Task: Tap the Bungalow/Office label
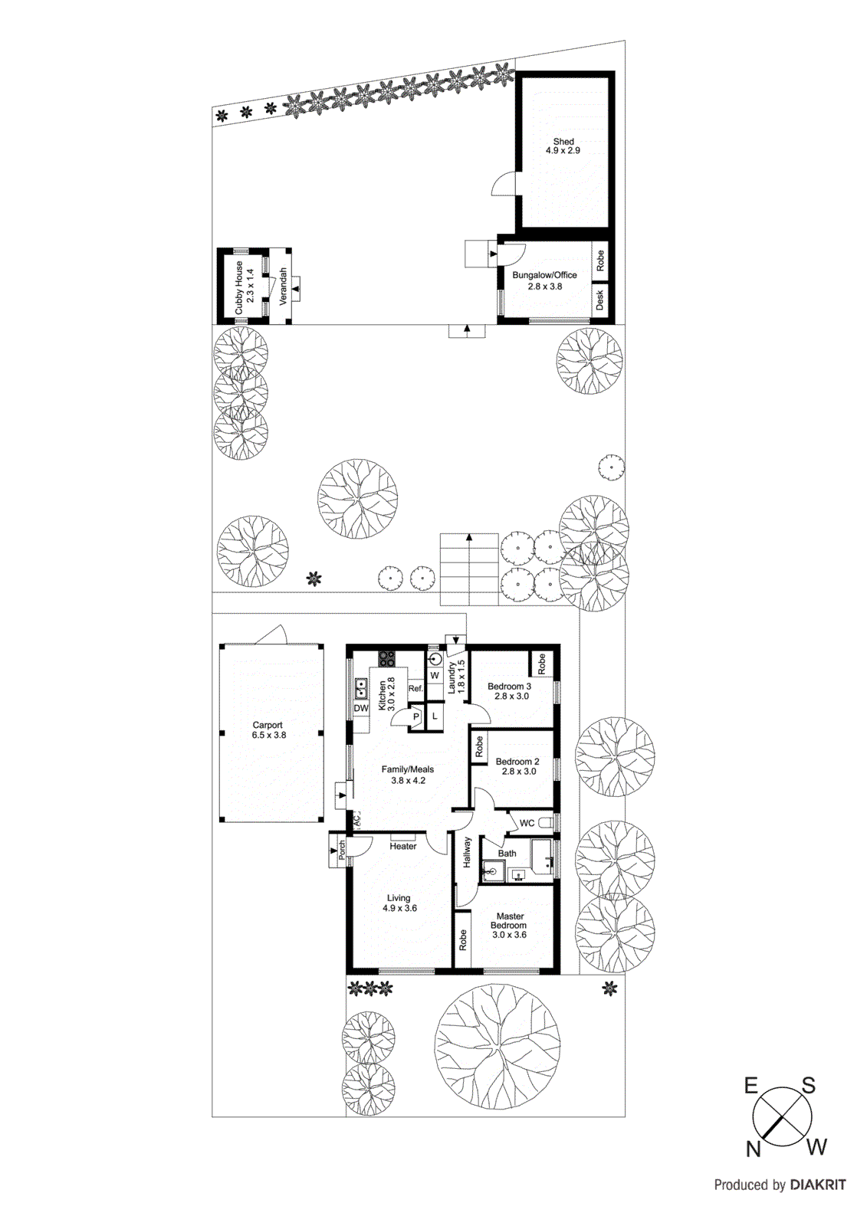pos(544,275)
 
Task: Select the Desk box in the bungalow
pos(600,300)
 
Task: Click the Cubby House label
pos(238,287)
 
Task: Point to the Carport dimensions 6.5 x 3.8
pos(268,736)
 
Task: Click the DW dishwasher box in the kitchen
pos(361,709)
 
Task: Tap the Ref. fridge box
pos(415,689)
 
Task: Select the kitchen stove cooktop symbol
pos(386,657)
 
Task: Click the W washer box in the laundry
pos(435,676)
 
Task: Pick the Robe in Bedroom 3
pos(541,663)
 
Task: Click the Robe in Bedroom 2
pos(479,746)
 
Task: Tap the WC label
pos(527,824)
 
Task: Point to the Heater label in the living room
pos(403,847)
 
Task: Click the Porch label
pos(342,850)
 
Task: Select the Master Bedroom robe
pos(463,940)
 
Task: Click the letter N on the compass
pos(754,1149)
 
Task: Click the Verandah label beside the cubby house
pos(283,287)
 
